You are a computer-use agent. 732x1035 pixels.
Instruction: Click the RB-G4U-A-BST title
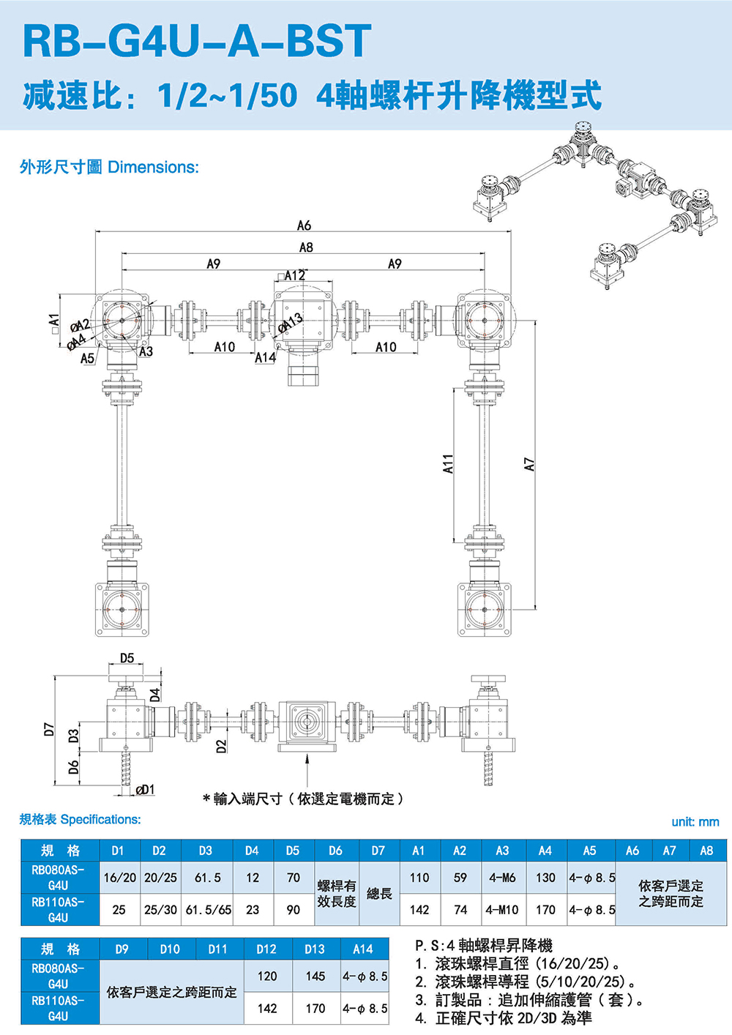(198, 41)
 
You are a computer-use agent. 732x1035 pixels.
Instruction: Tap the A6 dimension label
(304, 225)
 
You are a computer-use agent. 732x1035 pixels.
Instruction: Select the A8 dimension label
(306, 247)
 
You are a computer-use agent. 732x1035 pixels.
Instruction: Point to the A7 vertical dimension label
(530, 464)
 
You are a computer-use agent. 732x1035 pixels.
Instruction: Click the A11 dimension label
(449, 463)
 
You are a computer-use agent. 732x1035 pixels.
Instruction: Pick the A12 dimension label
(294, 275)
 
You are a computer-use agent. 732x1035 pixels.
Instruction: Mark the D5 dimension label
(127, 658)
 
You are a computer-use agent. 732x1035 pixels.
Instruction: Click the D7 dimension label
(49, 729)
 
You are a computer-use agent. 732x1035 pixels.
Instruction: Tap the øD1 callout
(146, 789)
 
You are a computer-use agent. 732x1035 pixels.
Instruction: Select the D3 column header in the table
(206, 851)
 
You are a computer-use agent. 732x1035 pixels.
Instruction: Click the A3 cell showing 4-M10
(502, 910)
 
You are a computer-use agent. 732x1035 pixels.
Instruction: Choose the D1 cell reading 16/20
(120, 878)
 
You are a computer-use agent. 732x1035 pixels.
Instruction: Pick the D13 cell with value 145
(315, 976)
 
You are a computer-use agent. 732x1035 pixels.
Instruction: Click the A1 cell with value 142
(419, 910)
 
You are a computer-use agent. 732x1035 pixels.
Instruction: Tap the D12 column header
(266, 949)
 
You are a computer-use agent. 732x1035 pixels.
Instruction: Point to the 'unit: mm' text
(695, 822)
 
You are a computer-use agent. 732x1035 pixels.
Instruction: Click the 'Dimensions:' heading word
(153, 168)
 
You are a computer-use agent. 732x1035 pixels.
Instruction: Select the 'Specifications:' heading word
(101, 820)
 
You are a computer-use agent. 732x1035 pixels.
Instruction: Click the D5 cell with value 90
(293, 910)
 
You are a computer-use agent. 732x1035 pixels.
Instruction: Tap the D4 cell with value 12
(253, 878)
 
